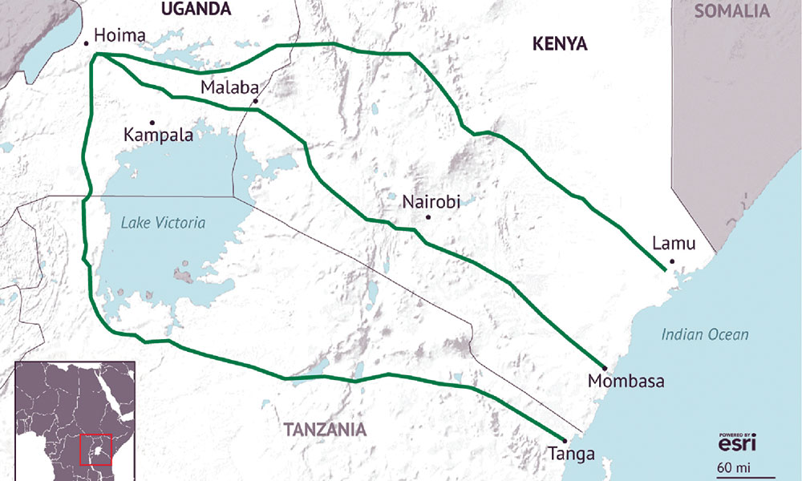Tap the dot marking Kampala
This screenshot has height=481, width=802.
click(x=152, y=122)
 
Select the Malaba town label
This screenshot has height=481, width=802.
click(x=227, y=87)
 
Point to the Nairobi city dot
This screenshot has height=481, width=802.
click(x=429, y=217)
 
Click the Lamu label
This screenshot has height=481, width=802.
click(x=674, y=244)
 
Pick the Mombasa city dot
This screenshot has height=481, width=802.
click(x=602, y=365)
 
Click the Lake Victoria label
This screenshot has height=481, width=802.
click(x=163, y=224)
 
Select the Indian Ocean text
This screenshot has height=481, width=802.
click(x=705, y=335)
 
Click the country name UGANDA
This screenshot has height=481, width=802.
click(x=196, y=10)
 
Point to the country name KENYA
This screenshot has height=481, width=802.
click(x=560, y=45)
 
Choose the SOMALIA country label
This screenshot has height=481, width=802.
click(x=731, y=11)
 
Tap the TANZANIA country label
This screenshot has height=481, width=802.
click(x=325, y=430)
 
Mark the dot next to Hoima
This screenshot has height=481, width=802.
click(x=85, y=42)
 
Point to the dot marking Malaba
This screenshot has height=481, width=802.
click(x=255, y=101)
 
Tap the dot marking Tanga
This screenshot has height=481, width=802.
click(x=565, y=440)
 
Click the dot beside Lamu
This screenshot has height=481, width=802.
click(x=672, y=261)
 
